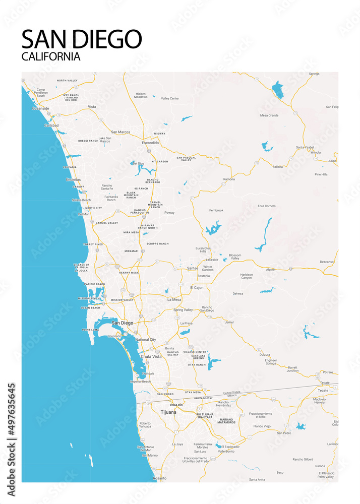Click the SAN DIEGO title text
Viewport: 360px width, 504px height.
pos(82,39)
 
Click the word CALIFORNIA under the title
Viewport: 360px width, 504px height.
pos(51,56)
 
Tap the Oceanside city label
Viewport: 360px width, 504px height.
pos(41,108)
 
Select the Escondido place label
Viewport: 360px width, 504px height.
pos(150,143)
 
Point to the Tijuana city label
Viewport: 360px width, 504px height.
pos(168,412)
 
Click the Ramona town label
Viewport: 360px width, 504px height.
pos(229,179)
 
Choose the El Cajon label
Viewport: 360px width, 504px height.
pos(197,287)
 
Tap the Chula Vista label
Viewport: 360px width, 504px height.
pos(151,356)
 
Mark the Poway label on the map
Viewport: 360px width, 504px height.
pos(169,213)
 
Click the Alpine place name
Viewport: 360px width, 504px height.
pos(271,270)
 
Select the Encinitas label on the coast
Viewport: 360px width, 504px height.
pos(73,179)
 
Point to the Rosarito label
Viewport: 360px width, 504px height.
pos(159,478)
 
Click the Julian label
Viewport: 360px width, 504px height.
pos(332,161)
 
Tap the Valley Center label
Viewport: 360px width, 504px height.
pos(170,98)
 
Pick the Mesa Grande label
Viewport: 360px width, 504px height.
pos(269,115)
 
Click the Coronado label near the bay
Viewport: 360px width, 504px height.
pos(114,336)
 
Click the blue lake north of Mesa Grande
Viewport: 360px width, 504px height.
pos(278,90)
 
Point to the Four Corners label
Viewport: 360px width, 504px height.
pos(266,206)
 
